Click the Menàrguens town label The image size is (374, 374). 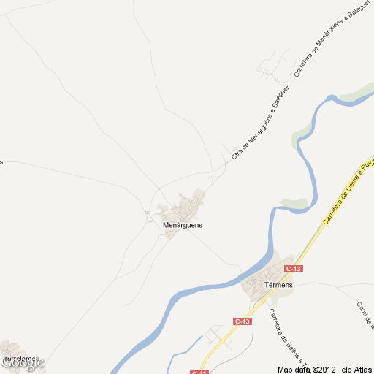183,225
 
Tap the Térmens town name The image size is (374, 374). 278,284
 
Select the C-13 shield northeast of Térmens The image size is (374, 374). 294,269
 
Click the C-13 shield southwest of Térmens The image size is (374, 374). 243,321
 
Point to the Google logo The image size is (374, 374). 22,362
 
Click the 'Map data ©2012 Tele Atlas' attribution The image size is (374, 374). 325,370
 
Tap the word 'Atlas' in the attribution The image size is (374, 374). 362,370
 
